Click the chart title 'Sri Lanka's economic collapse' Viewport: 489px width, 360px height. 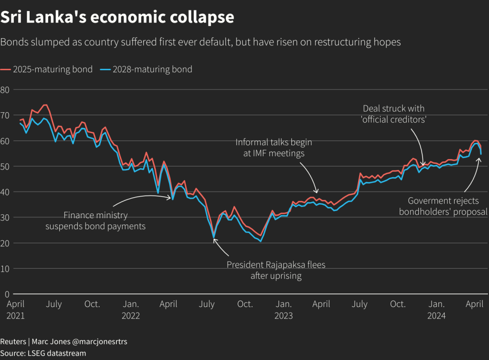coord(117,17)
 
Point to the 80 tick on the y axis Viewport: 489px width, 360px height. coord(5,90)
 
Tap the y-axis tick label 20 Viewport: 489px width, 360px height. coord(5,243)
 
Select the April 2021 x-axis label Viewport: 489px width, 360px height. coord(16,309)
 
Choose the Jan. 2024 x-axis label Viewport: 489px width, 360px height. coord(436,309)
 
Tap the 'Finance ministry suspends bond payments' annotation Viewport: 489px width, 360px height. coord(96,221)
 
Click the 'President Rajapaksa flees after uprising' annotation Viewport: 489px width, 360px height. coord(276,270)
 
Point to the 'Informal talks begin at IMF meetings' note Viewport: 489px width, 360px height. coord(274,148)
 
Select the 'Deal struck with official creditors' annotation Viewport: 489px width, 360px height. coord(393,114)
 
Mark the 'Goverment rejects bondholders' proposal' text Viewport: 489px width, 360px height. coord(443,206)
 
